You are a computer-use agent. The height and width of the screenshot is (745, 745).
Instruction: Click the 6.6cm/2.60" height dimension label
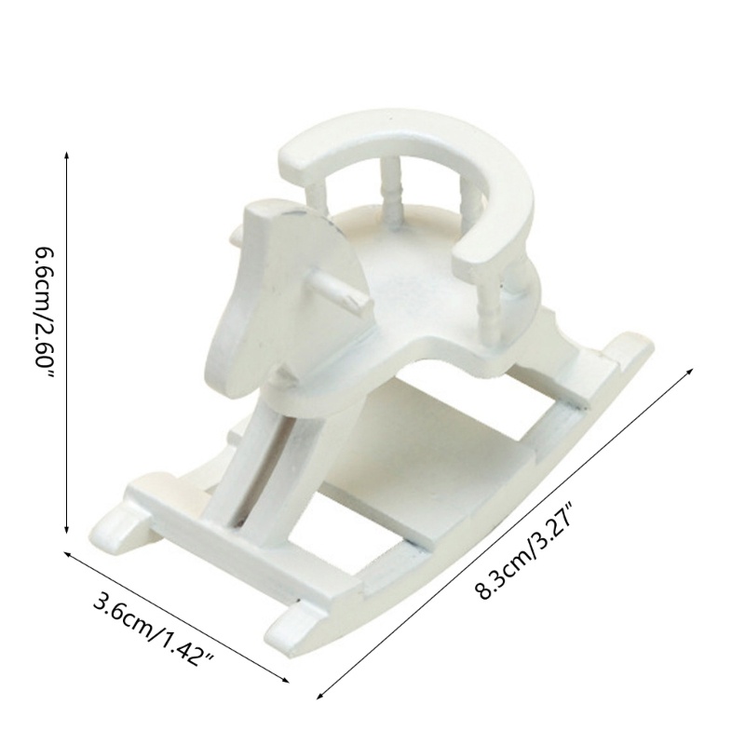(x=44, y=310)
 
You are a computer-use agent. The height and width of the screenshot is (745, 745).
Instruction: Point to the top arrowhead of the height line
(x=66, y=156)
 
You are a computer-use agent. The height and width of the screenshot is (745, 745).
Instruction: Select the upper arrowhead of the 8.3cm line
(x=690, y=371)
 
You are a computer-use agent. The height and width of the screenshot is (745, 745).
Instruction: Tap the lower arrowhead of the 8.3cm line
(x=320, y=696)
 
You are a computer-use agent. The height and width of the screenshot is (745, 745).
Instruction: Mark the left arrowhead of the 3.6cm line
(x=67, y=553)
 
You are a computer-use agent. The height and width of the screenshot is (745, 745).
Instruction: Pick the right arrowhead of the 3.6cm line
(x=285, y=680)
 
